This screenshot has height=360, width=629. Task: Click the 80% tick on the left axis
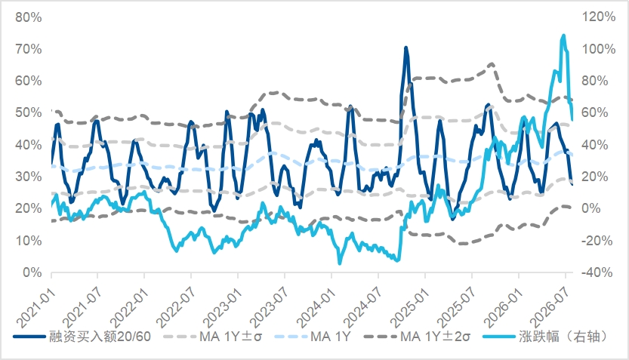(29, 17)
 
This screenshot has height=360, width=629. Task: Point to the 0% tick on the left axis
(32, 272)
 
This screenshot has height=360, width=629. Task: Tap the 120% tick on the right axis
(599, 17)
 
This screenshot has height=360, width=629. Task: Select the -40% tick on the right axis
(597, 272)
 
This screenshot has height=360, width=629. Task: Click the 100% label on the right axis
(599, 49)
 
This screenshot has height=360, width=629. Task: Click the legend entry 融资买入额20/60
(82, 337)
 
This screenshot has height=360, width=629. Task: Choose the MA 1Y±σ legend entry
(213, 337)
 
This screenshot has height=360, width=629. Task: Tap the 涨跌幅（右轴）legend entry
(544, 337)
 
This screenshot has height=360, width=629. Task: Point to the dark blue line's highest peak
(406, 48)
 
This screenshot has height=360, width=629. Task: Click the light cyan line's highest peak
(563, 35)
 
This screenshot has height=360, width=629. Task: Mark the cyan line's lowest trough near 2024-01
(340, 263)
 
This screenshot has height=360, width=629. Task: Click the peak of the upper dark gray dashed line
(492, 63)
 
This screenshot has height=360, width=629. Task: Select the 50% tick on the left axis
(29, 112)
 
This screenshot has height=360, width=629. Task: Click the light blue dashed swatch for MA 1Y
(291, 337)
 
